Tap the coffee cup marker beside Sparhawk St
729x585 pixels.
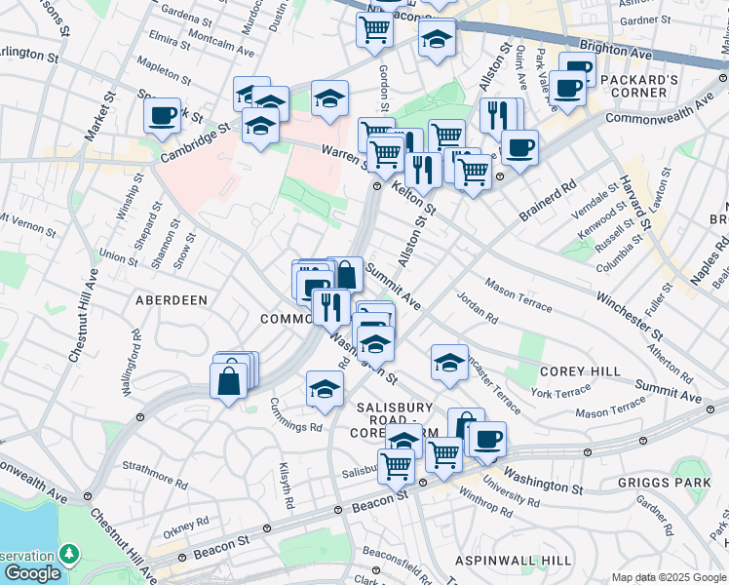[x=162, y=115]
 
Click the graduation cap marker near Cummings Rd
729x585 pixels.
[x=325, y=388]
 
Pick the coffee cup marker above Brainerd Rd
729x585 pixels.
[x=519, y=147]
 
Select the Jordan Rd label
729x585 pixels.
[x=478, y=311]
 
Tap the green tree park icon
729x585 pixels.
[x=68, y=554]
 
